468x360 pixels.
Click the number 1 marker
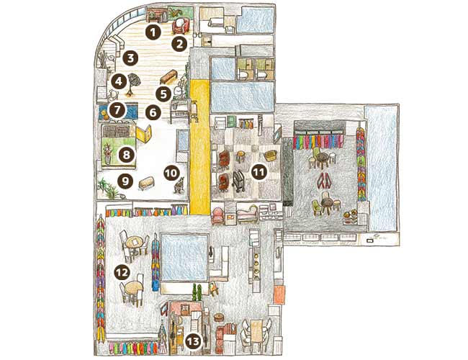pyautogui.click(x=153, y=32)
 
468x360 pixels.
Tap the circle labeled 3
pyautogui.click(x=130, y=58)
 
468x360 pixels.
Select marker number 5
pyautogui.click(x=163, y=94)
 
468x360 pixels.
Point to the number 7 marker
pyautogui.click(x=117, y=110)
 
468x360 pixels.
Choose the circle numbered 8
pyautogui.click(x=126, y=155)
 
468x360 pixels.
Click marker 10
pyautogui.click(x=171, y=173)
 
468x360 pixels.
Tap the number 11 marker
pyautogui.click(x=258, y=171)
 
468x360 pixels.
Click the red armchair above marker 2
pyautogui.click(x=181, y=26)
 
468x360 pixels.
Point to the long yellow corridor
pyautogui.click(x=200, y=147)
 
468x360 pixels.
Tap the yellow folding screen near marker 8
pyautogui.click(x=144, y=134)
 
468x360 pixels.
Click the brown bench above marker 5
pyautogui.click(x=169, y=77)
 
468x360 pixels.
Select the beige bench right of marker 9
pyautogui.click(x=147, y=182)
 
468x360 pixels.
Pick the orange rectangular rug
pyautogui.click(x=279, y=295)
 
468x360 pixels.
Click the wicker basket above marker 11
pyautogui.click(x=271, y=156)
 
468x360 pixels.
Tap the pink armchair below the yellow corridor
pyautogui.click(x=218, y=216)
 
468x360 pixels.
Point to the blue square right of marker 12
pyautogui.click(x=184, y=257)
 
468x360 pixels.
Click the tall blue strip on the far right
pyautogui.click(x=381, y=168)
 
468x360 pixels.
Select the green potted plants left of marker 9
pyautogui.click(x=107, y=188)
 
